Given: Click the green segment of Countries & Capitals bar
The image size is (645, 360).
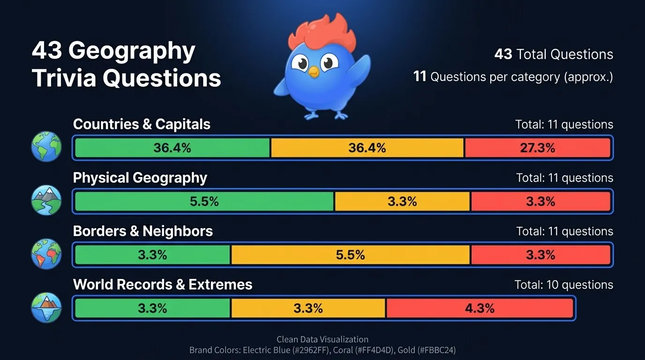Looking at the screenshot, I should (x=172, y=148).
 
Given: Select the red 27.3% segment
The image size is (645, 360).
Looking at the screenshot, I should (x=537, y=148).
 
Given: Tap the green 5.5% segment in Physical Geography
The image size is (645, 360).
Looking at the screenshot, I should (x=204, y=202).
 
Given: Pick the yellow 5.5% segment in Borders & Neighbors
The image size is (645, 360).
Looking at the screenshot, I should (x=350, y=255).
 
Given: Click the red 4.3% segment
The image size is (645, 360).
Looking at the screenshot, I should (x=480, y=308).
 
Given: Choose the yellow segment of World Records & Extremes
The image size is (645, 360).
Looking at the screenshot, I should (x=308, y=308).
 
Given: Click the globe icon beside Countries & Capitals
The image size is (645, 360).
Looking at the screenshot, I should (x=46, y=146).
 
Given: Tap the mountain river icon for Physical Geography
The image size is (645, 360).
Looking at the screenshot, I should (x=46, y=200).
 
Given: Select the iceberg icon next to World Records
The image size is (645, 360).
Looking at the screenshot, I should (x=46, y=307).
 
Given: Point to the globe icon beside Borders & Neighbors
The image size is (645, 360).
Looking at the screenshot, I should (x=46, y=254).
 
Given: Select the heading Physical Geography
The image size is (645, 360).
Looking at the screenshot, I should (x=140, y=178).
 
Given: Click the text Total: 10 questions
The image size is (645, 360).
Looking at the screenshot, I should (x=563, y=285).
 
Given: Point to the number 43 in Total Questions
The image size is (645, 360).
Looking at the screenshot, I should (x=503, y=54).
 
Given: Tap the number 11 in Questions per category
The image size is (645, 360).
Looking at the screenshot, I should (x=420, y=76).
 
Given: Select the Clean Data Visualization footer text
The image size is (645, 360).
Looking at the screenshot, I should (x=322, y=339).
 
